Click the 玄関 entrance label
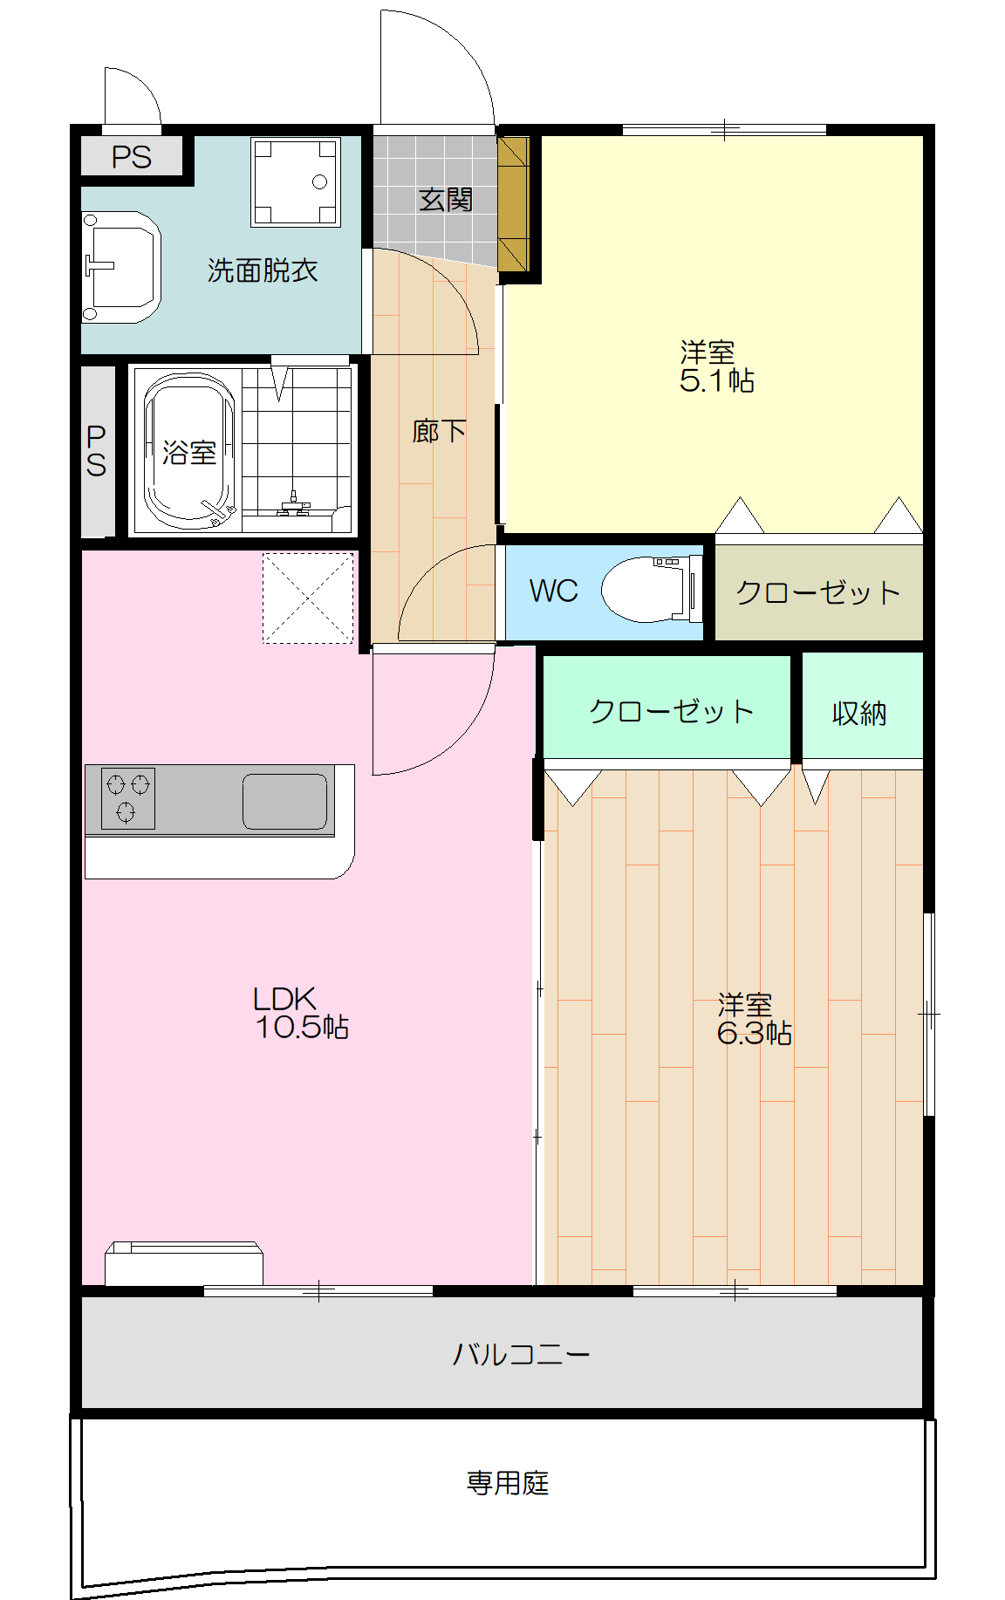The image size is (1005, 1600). click(445, 200)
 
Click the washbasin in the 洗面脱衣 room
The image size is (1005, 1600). click(120, 266)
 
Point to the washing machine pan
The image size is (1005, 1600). click(296, 181)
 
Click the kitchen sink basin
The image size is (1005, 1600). click(284, 801)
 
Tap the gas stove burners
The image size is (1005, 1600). click(128, 797)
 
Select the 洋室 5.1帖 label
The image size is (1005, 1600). click(716, 366)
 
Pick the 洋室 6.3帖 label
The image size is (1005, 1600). click(754, 1019)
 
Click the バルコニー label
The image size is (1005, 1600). click(521, 1354)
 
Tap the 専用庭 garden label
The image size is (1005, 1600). click(508, 1482)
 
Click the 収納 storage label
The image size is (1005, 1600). click(859, 713)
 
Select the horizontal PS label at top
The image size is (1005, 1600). click(132, 157)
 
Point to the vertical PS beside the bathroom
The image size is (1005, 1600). click(97, 451)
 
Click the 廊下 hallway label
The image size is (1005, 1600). click(439, 431)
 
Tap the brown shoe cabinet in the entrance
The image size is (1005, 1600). click(514, 204)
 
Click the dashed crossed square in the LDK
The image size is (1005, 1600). click(308, 598)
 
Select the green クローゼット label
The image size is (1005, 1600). click(671, 711)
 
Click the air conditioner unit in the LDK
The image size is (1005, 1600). click(183, 1263)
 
